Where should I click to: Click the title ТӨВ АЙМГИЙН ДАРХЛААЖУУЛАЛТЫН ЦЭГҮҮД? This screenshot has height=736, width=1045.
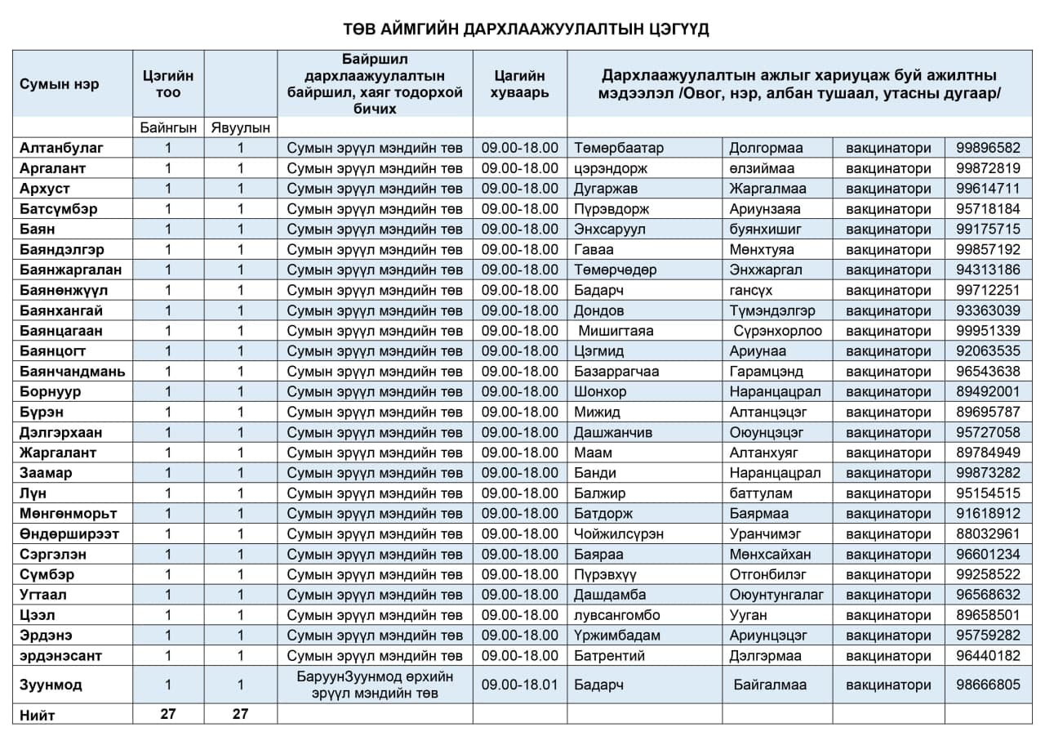(x=527, y=30)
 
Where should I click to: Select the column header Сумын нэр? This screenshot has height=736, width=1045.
(x=59, y=84)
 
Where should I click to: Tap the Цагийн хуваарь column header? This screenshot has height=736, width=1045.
(x=519, y=84)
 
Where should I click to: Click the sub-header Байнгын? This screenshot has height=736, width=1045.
(x=168, y=127)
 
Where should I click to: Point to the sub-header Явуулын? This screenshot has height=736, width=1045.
(x=240, y=127)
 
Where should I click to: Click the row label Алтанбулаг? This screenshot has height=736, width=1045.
(x=62, y=148)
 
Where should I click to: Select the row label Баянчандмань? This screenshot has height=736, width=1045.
(x=73, y=372)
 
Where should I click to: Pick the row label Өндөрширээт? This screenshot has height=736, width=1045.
(x=69, y=534)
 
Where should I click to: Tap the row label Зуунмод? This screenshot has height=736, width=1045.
(x=51, y=685)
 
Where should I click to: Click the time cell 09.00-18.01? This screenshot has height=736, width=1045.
(x=519, y=685)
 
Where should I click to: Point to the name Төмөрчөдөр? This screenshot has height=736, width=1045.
(x=615, y=270)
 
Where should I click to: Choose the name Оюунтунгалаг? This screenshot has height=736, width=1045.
(x=776, y=595)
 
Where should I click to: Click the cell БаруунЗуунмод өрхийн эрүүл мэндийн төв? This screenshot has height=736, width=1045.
(x=375, y=685)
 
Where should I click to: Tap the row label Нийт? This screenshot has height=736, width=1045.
(x=38, y=715)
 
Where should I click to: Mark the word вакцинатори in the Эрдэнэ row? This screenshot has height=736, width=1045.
(x=887, y=636)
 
